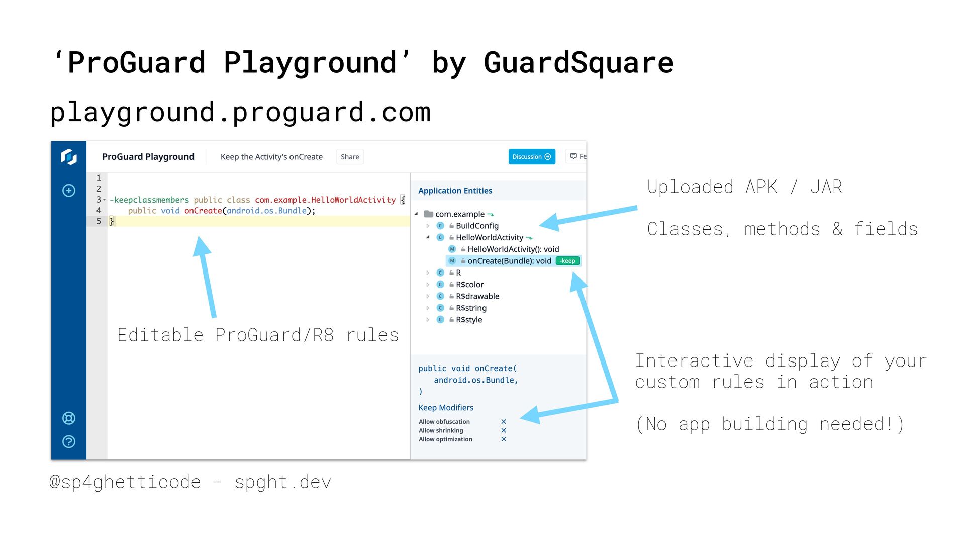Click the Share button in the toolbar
click(350, 157)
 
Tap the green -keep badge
click(567, 261)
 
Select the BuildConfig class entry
click(476, 226)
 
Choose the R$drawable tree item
click(477, 296)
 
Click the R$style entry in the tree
click(468, 320)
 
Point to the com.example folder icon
click(428, 214)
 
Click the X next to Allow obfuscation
click(504, 422)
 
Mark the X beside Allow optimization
click(504, 439)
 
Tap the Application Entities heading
click(455, 191)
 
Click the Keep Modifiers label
click(446, 408)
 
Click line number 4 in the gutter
click(99, 210)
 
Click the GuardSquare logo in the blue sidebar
click(69, 157)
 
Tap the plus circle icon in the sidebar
click(69, 191)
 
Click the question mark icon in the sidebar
click(69, 441)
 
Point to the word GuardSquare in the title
click(578, 63)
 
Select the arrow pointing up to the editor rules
click(206, 277)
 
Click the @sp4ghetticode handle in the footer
click(125, 482)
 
